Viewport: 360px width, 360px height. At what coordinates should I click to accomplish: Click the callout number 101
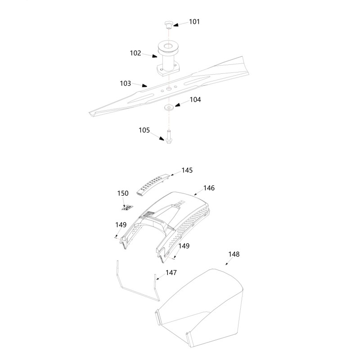(x=194, y=22)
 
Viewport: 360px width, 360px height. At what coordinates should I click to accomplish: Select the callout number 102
(x=135, y=53)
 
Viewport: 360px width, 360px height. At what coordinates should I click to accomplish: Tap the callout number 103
(x=126, y=83)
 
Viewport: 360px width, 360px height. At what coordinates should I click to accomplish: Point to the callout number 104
(x=195, y=99)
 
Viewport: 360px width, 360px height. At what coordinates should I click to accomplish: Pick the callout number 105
(x=144, y=130)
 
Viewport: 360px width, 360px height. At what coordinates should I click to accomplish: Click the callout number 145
(x=187, y=171)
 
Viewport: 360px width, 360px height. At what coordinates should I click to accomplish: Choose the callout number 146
(x=209, y=188)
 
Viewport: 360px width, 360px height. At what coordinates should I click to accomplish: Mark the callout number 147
(x=171, y=273)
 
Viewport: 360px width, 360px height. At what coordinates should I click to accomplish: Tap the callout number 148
(x=234, y=254)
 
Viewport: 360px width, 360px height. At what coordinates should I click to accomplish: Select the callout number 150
(x=123, y=193)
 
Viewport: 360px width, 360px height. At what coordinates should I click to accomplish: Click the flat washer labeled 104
(x=169, y=107)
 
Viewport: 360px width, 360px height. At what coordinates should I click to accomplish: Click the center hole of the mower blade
(x=169, y=89)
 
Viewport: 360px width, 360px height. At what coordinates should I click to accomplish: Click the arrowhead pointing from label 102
(x=154, y=56)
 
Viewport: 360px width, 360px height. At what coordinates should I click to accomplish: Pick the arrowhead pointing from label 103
(x=144, y=85)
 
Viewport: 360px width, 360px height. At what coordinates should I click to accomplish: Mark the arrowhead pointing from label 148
(x=227, y=264)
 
